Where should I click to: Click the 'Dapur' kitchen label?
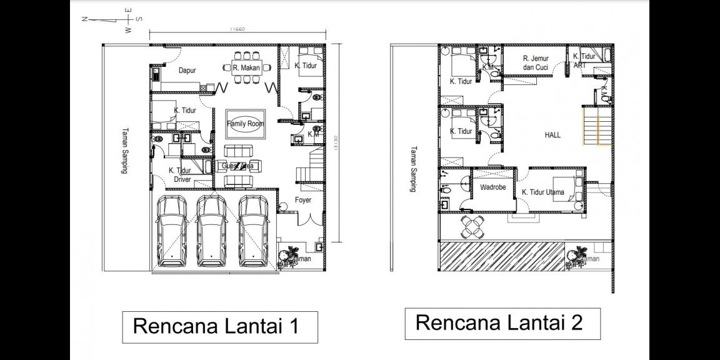pyautogui.click(x=187, y=71)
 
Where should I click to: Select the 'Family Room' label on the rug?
pyautogui.click(x=245, y=124)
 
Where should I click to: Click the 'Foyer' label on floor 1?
pyautogui.click(x=303, y=201)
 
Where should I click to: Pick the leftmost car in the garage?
pyautogui.click(x=172, y=230)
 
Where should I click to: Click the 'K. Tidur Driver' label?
pyautogui.click(x=181, y=175)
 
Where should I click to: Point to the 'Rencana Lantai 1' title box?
pyautogui.click(x=220, y=327)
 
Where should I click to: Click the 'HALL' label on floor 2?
pyautogui.click(x=552, y=135)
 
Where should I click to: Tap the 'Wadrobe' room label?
pyautogui.click(x=493, y=187)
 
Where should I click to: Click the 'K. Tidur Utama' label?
pyautogui.click(x=542, y=192)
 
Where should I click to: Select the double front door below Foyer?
pyautogui.click(x=304, y=220)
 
